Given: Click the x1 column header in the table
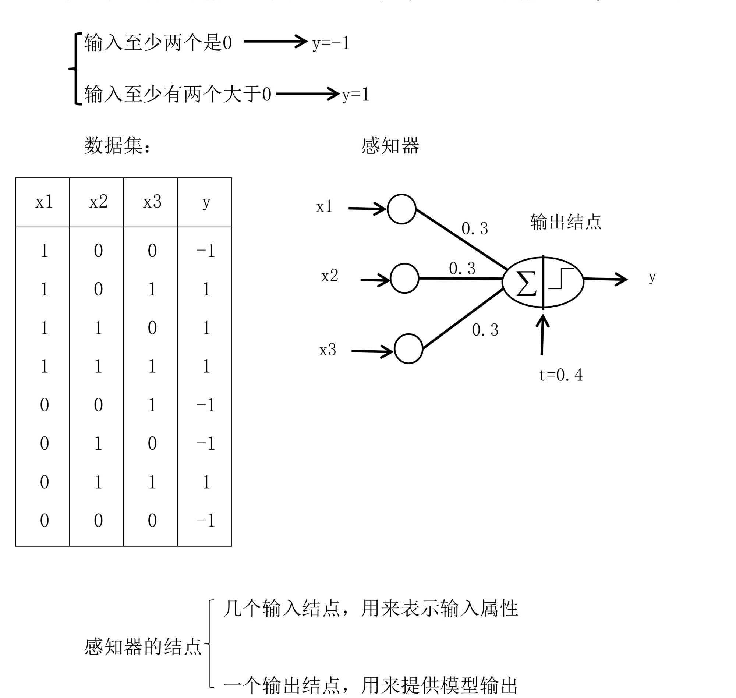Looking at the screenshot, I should click(44, 202).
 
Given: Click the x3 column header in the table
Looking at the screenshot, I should click(152, 202).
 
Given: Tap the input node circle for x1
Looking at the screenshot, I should click(401, 209).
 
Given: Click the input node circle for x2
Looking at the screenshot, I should click(404, 278).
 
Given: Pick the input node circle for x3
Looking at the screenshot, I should click(408, 348).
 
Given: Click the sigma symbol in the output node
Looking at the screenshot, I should click(526, 284).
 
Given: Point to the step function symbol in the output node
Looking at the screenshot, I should click(561, 278).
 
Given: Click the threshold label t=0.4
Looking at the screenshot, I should click(560, 375).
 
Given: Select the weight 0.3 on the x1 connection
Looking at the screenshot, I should click(474, 228).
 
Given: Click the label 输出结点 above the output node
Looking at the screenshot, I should click(565, 222).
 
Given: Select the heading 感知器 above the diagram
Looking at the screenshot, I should click(390, 145).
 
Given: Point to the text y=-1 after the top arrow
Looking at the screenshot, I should click(331, 43).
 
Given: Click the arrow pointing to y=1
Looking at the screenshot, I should click(307, 93).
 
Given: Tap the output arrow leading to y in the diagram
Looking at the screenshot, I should click(605, 279).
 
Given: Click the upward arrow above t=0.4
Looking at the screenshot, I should click(542, 334).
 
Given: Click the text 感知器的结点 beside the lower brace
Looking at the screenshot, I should click(143, 646).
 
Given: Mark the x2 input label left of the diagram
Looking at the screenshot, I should click(330, 276).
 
